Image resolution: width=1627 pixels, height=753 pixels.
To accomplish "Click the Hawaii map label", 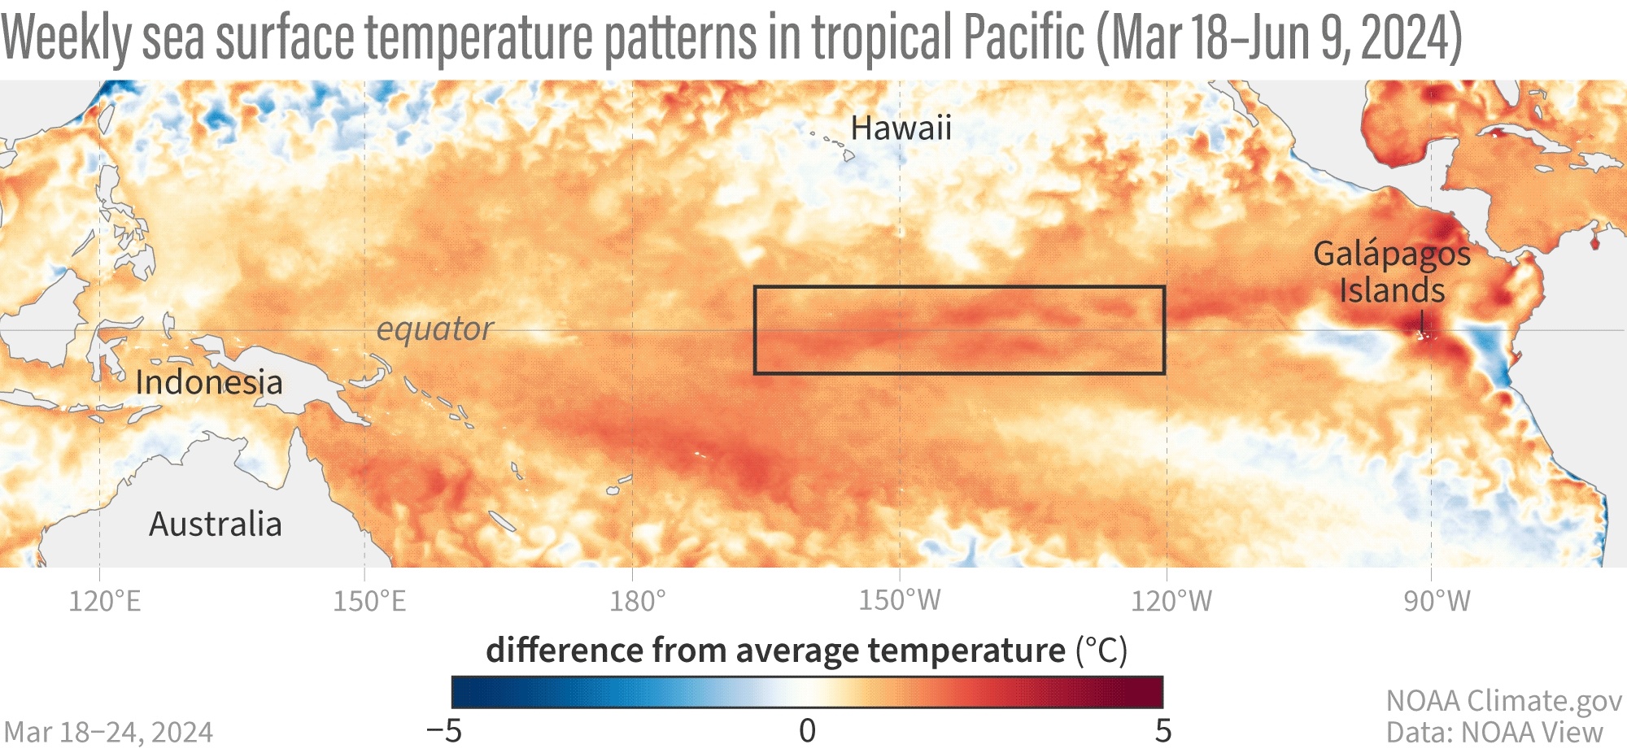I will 901,128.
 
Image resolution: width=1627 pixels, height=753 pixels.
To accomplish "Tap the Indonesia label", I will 209,382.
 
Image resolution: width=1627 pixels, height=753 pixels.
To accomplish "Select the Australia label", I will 216,524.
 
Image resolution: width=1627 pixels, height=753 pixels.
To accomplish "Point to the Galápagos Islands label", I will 1392,272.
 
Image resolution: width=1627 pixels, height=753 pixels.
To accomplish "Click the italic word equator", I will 434,329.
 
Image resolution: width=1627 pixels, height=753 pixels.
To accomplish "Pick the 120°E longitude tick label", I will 104,602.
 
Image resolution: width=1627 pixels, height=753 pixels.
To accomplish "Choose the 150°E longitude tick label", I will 369,602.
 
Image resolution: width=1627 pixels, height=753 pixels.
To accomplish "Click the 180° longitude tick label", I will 638,602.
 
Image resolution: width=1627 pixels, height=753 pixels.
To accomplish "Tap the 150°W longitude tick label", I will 900,601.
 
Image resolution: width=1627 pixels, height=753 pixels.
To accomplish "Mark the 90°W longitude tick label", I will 1437,602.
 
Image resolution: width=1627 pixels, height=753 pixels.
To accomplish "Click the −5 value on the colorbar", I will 444,731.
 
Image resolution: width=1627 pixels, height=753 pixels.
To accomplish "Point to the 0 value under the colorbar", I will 807,731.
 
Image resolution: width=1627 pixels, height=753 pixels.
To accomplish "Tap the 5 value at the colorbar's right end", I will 1163,731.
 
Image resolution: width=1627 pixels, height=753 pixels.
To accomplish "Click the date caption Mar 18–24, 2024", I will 108,733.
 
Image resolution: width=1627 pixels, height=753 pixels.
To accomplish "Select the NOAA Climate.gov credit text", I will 1504,701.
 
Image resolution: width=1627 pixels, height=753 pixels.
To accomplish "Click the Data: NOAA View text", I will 1494,733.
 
